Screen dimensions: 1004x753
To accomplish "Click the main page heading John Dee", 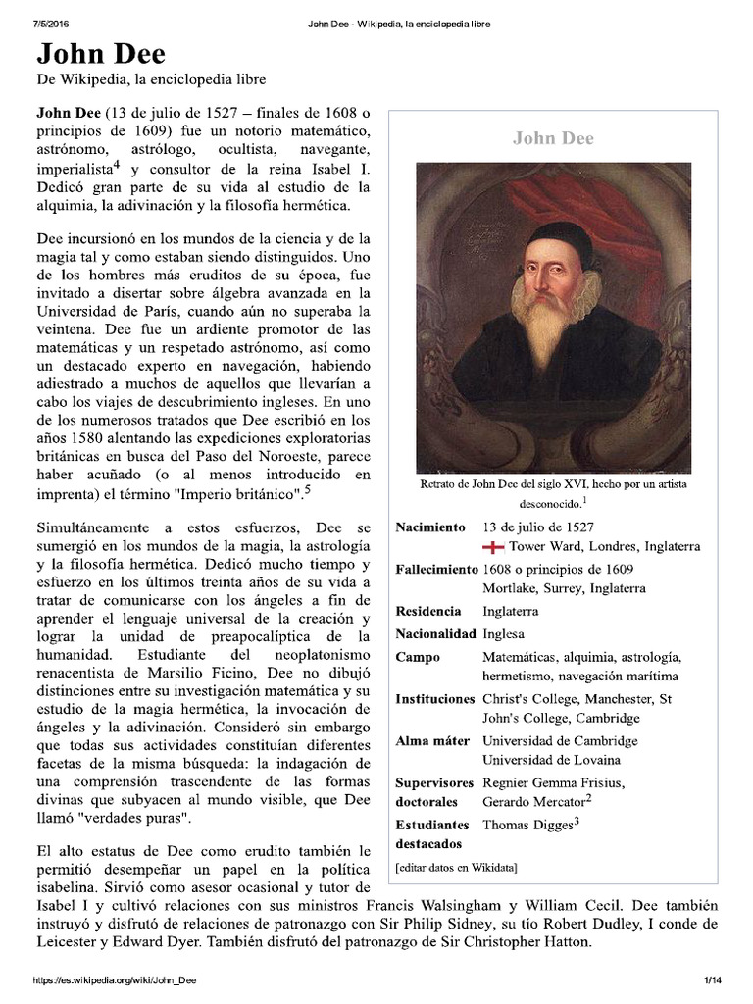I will [101, 54].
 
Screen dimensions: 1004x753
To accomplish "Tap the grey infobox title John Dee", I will [553, 138].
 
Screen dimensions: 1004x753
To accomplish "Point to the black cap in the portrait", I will [558, 235].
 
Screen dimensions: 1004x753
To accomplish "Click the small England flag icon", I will [493, 547].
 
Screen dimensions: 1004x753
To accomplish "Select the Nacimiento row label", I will [430, 527].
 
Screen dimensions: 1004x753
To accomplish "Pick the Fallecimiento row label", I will [436, 570].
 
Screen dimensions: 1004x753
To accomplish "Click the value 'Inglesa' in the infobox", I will [504, 633].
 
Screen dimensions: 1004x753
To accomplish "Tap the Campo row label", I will [418, 657].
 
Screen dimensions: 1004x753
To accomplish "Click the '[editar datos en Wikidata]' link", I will [456, 868].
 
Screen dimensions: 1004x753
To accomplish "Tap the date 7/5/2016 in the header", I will [37, 23].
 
